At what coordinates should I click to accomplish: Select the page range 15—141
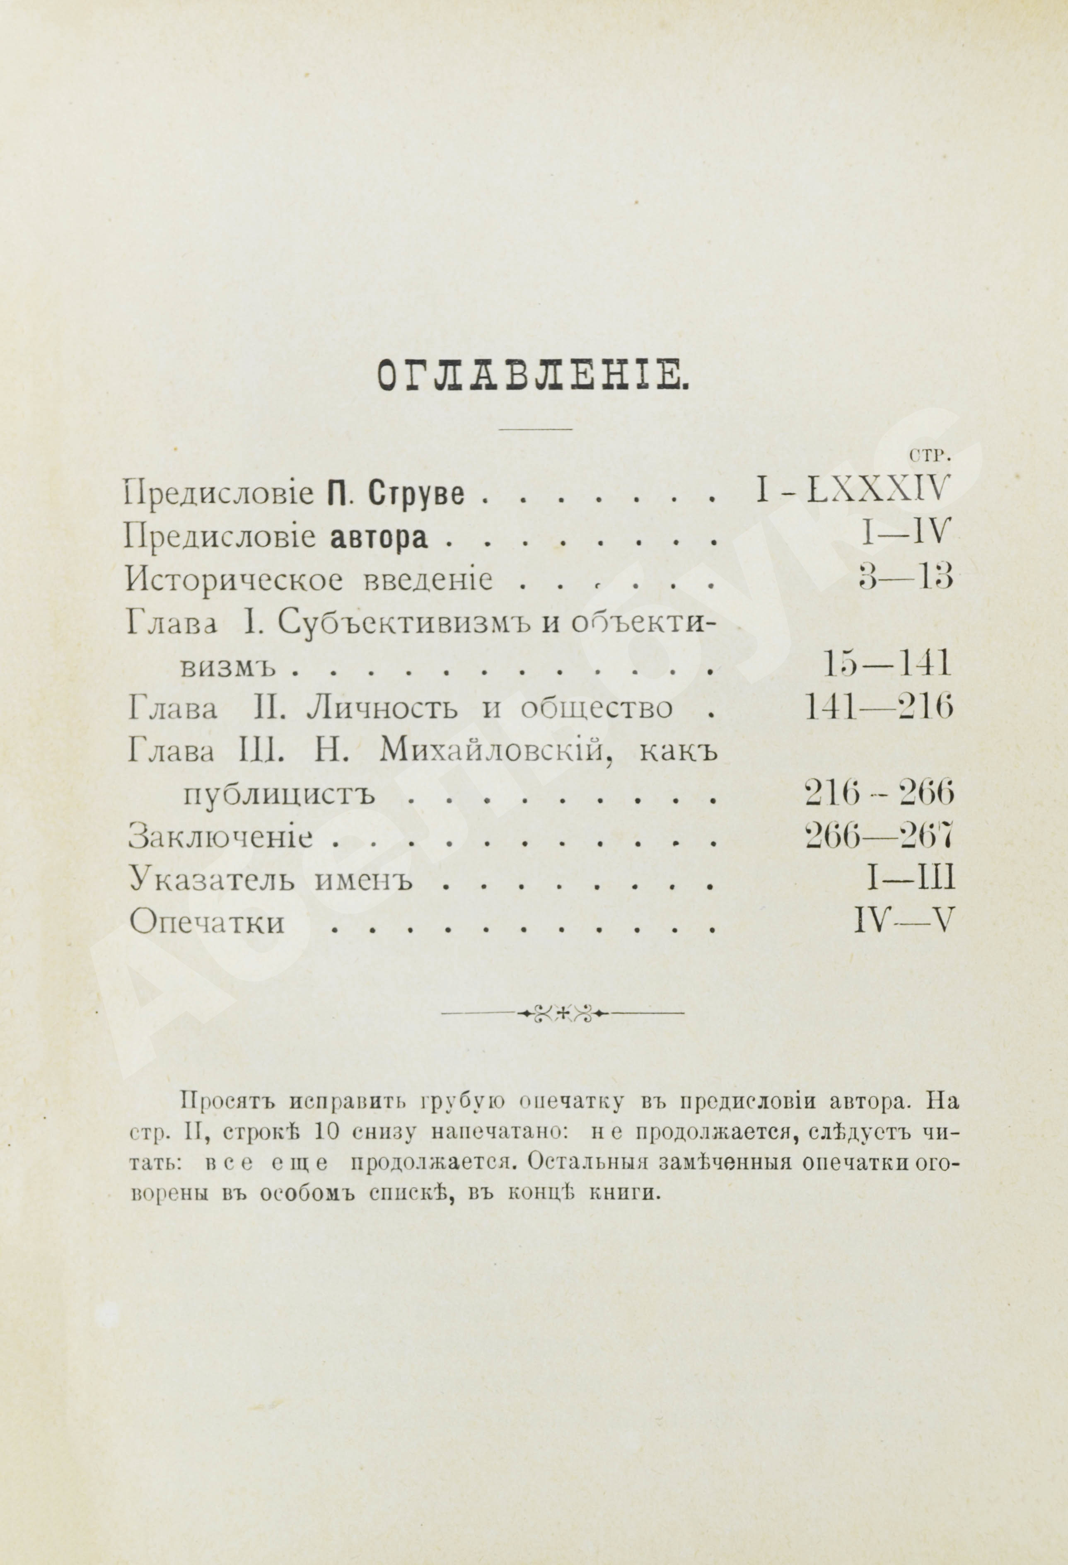pos(886,666)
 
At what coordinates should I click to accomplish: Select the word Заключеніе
pos(220,838)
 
